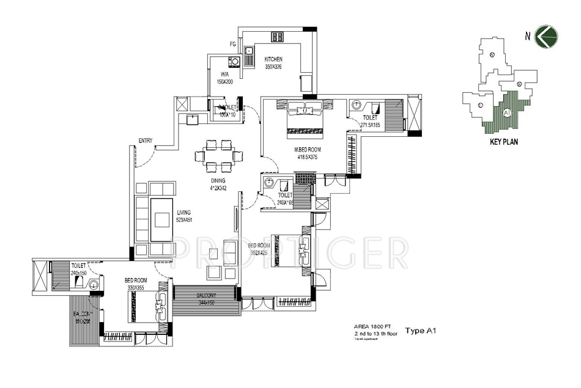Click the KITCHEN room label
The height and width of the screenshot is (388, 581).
273,59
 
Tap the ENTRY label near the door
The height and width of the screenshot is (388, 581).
146,141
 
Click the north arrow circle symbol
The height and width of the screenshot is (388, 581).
544,36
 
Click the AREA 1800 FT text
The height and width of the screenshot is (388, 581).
370,327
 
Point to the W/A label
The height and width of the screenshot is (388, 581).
224,75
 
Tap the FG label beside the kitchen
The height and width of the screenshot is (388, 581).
233,45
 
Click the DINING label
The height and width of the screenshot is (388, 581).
218,181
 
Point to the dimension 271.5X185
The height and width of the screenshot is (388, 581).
369,124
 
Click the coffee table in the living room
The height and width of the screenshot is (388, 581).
161,220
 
